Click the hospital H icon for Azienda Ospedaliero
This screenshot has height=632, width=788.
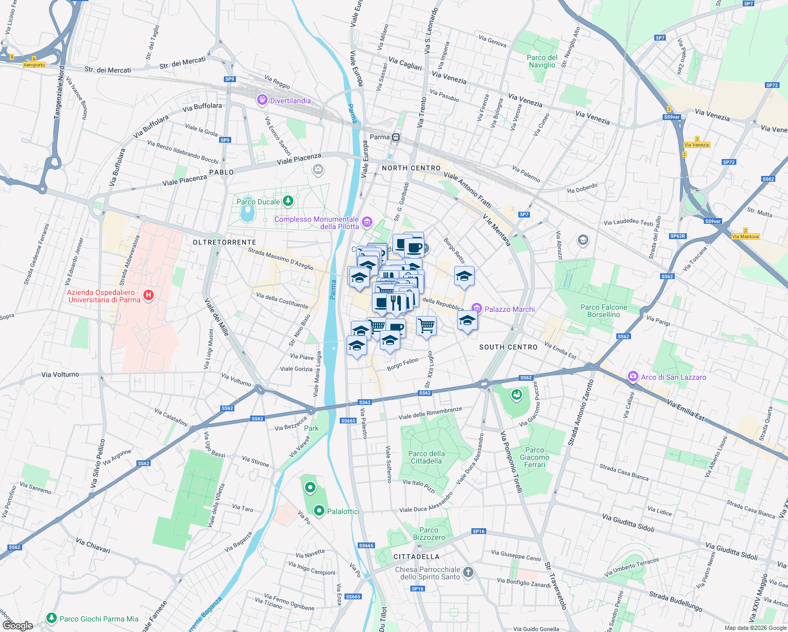[x=149, y=295]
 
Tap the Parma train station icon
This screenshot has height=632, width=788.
[x=396, y=137]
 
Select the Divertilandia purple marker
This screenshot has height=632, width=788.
[x=262, y=100]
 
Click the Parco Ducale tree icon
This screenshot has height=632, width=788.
[x=288, y=201]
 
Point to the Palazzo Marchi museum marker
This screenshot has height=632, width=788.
[x=476, y=309]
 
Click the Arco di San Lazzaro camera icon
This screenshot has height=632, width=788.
[x=633, y=377]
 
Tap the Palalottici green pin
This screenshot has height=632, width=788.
[x=319, y=510]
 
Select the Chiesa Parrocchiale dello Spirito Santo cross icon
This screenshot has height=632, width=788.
[x=468, y=572]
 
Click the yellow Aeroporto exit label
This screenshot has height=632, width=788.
[x=34, y=65]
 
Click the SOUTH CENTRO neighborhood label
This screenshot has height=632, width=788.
[x=508, y=347]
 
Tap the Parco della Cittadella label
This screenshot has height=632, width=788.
[x=426, y=457]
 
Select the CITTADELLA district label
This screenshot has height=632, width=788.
[x=416, y=557]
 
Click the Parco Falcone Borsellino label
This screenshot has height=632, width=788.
[x=604, y=311]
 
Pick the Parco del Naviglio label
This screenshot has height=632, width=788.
[x=542, y=61]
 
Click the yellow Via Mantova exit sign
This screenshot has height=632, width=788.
[x=745, y=236]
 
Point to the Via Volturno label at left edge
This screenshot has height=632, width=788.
[x=60, y=374]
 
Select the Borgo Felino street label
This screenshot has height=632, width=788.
[x=402, y=364]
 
